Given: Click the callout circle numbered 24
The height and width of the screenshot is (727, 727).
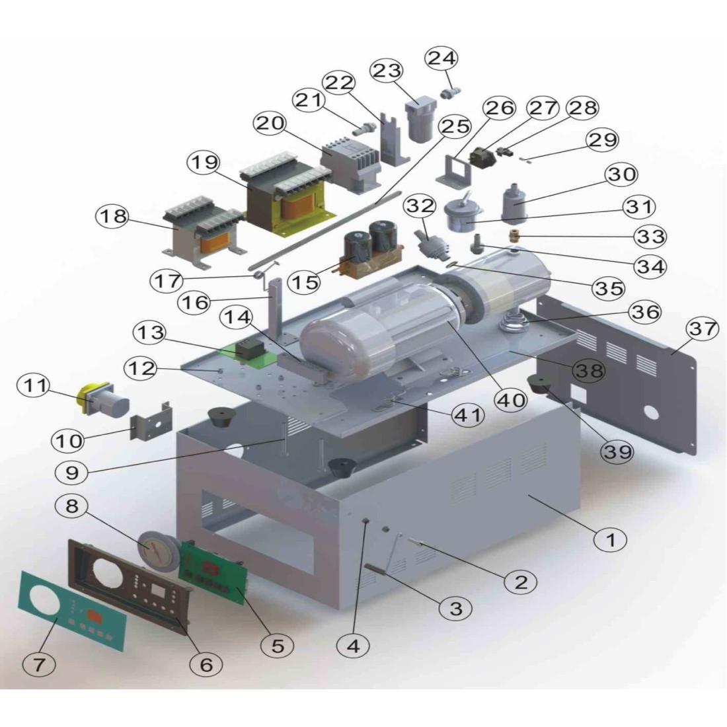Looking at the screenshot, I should pyautogui.click(x=441, y=58).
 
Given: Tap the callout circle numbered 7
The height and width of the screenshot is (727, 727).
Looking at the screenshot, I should pyautogui.click(x=40, y=665).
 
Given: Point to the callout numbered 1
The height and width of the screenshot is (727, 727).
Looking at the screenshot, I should pyautogui.click(x=611, y=539).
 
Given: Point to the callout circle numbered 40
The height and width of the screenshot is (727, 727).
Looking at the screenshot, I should pyautogui.click(x=512, y=400).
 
